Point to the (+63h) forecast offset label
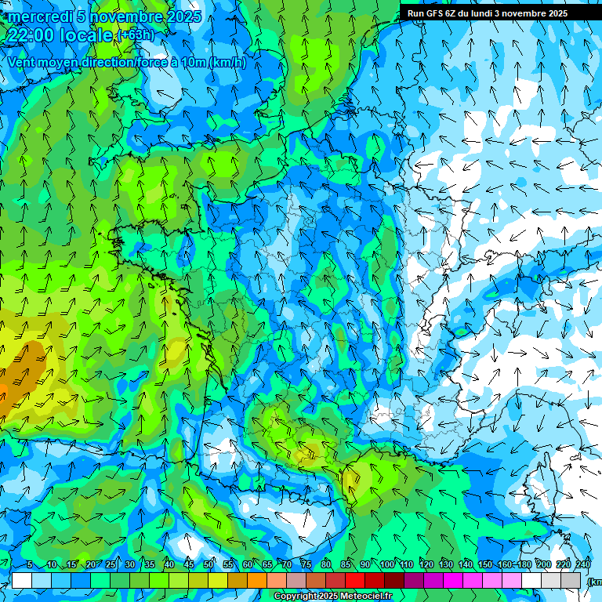click(136, 35)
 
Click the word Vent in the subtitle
click(24, 63)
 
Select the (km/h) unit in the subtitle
click(227, 63)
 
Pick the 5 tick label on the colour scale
click(30, 564)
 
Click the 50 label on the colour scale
click(209, 564)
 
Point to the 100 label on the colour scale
click(386, 564)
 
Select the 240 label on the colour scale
click(583, 564)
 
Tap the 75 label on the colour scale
click(306, 564)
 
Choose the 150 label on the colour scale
click(485, 564)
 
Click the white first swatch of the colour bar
click(22, 580)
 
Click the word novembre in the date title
click(121, 16)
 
